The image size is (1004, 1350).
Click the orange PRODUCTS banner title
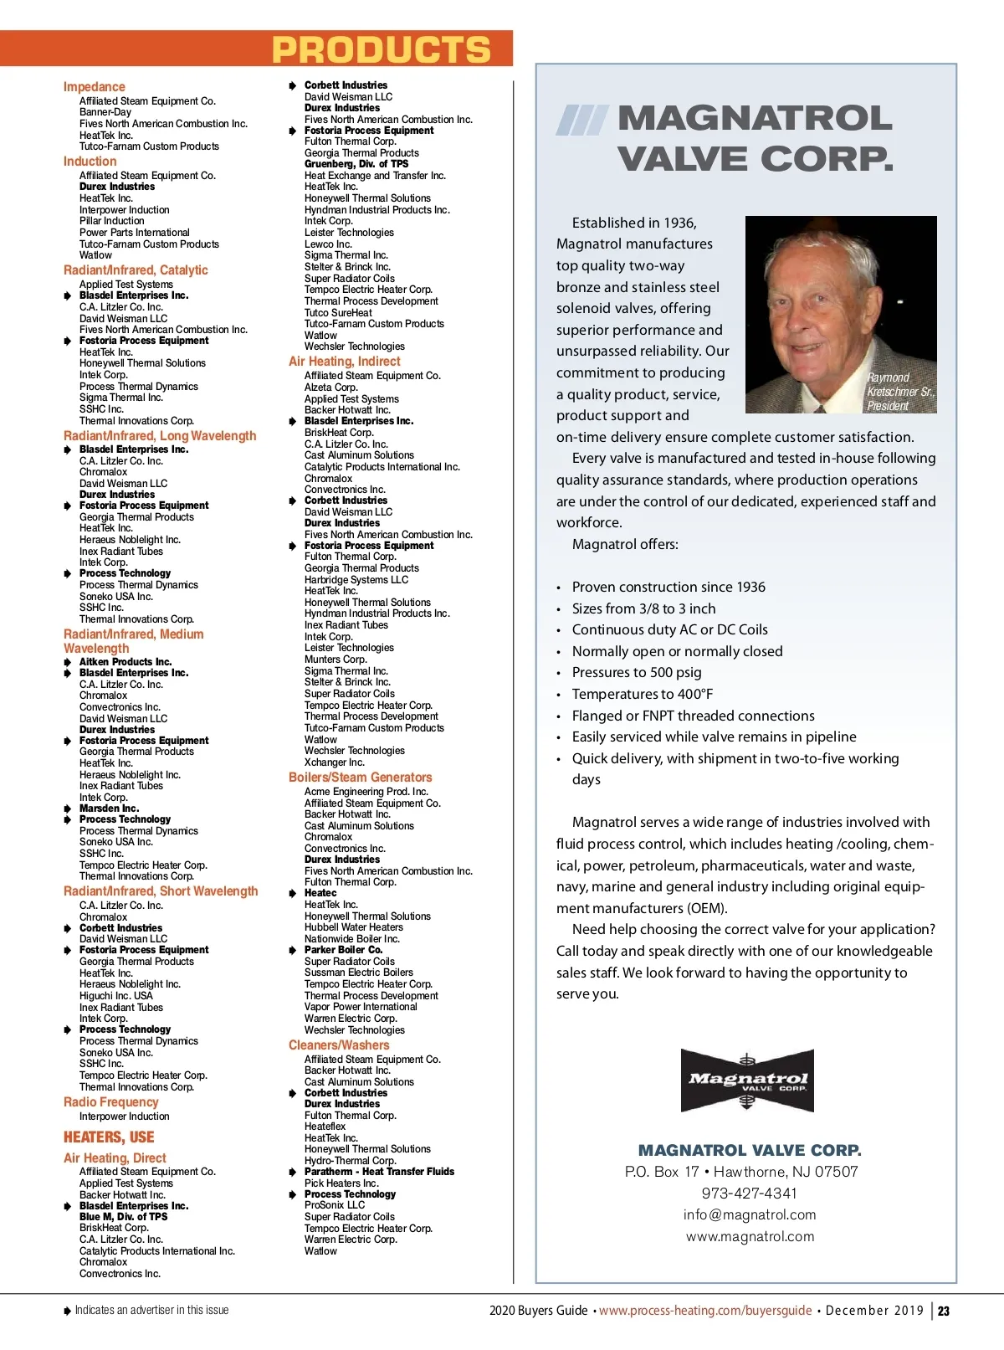[x=382, y=49]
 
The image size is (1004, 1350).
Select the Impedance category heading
[x=94, y=87]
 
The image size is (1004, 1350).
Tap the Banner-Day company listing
[x=105, y=112]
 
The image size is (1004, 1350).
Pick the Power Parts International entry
[x=135, y=233]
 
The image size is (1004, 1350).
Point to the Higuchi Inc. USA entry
[x=116, y=996]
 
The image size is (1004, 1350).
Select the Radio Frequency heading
[x=110, y=1102]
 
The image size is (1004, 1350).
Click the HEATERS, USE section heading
[x=109, y=1137]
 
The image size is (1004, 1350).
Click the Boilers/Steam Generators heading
[x=360, y=778]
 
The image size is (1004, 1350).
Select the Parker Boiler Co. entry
[x=344, y=950]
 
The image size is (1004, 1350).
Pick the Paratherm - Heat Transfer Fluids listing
[x=379, y=1172]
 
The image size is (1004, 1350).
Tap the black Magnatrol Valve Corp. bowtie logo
[x=746, y=1080]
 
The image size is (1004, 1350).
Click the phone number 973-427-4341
[x=749, y=1193]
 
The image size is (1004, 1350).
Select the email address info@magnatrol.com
[x=750, y=1215]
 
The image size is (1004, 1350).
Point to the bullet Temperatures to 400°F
[x=643, y=694]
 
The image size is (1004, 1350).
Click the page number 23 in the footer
[x=944, y=1312]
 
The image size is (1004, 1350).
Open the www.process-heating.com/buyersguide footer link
[x=705, y=1311]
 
